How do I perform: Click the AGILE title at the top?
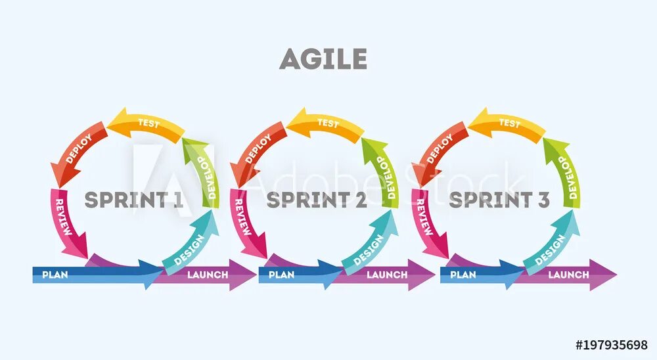point(323,60)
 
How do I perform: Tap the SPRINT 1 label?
point(133,200)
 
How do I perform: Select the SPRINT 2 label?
point(316,200)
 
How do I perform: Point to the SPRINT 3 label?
point(499,200)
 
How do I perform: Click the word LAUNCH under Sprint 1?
point(208,275)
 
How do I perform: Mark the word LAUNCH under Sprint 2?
point(387,275)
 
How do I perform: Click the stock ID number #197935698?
point(611,345)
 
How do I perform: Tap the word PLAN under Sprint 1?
point(55,275)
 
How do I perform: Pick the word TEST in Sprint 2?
point(328,123)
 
